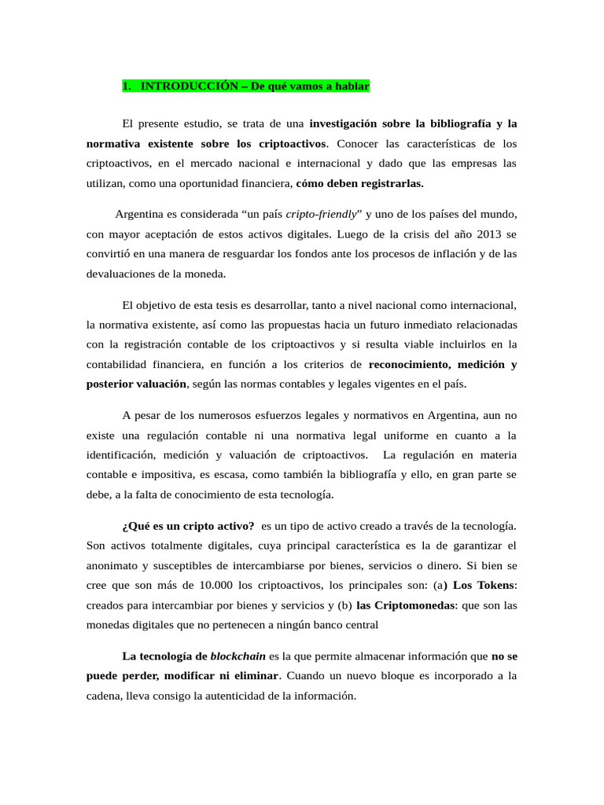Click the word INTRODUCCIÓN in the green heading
tap(189, 86)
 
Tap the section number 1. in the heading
tap(127, 86)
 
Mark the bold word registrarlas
tap(386, 183)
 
